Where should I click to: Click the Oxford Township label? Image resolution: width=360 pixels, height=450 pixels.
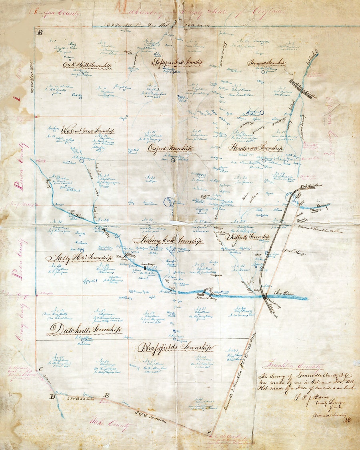[x=170, y=148]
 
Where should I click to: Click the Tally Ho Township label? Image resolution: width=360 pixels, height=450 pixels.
[x=79, y=258]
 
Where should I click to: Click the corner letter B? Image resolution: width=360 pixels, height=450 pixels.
[x=39, y=33]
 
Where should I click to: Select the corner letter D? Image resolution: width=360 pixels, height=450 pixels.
[x=52, y=396]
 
